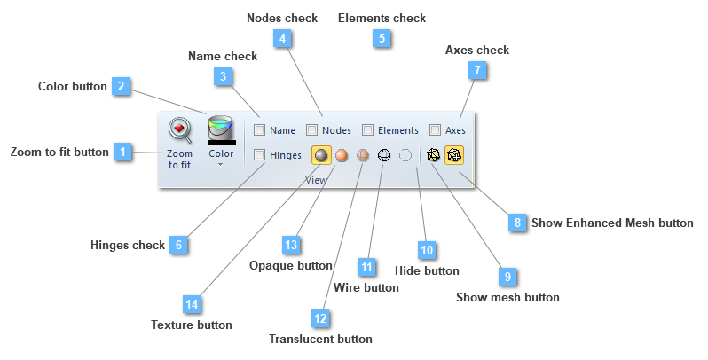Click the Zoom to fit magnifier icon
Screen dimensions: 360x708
tap(180, 130)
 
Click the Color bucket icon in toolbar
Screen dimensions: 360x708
tap(221, 129)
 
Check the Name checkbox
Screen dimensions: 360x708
tap(259, 130)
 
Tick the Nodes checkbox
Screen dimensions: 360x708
tap(312, 130)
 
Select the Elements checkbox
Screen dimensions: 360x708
tap(367, 130)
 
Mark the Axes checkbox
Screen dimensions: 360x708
tap(435, 130)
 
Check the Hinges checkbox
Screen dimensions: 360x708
tap(259, 155)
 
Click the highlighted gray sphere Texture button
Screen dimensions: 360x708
tap(321, 155)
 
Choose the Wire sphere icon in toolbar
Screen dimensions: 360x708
tap(384, 155)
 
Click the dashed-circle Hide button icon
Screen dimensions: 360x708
tap(405, 155)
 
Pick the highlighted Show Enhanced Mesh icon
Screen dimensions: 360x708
tap(454, 155)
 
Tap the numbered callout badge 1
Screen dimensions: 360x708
tap(123, 152)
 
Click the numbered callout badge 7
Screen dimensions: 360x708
tap(477, 69)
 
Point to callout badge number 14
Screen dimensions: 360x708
tap(191, 304)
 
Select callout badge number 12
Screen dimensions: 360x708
tap(320, 317)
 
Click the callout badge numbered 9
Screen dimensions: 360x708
tap(507, 277)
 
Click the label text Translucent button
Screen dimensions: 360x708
tap(320, 339)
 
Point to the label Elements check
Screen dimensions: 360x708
tap(382, 18)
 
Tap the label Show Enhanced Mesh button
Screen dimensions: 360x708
tap(612, 223)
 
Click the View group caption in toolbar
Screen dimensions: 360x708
tap(316, 179)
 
